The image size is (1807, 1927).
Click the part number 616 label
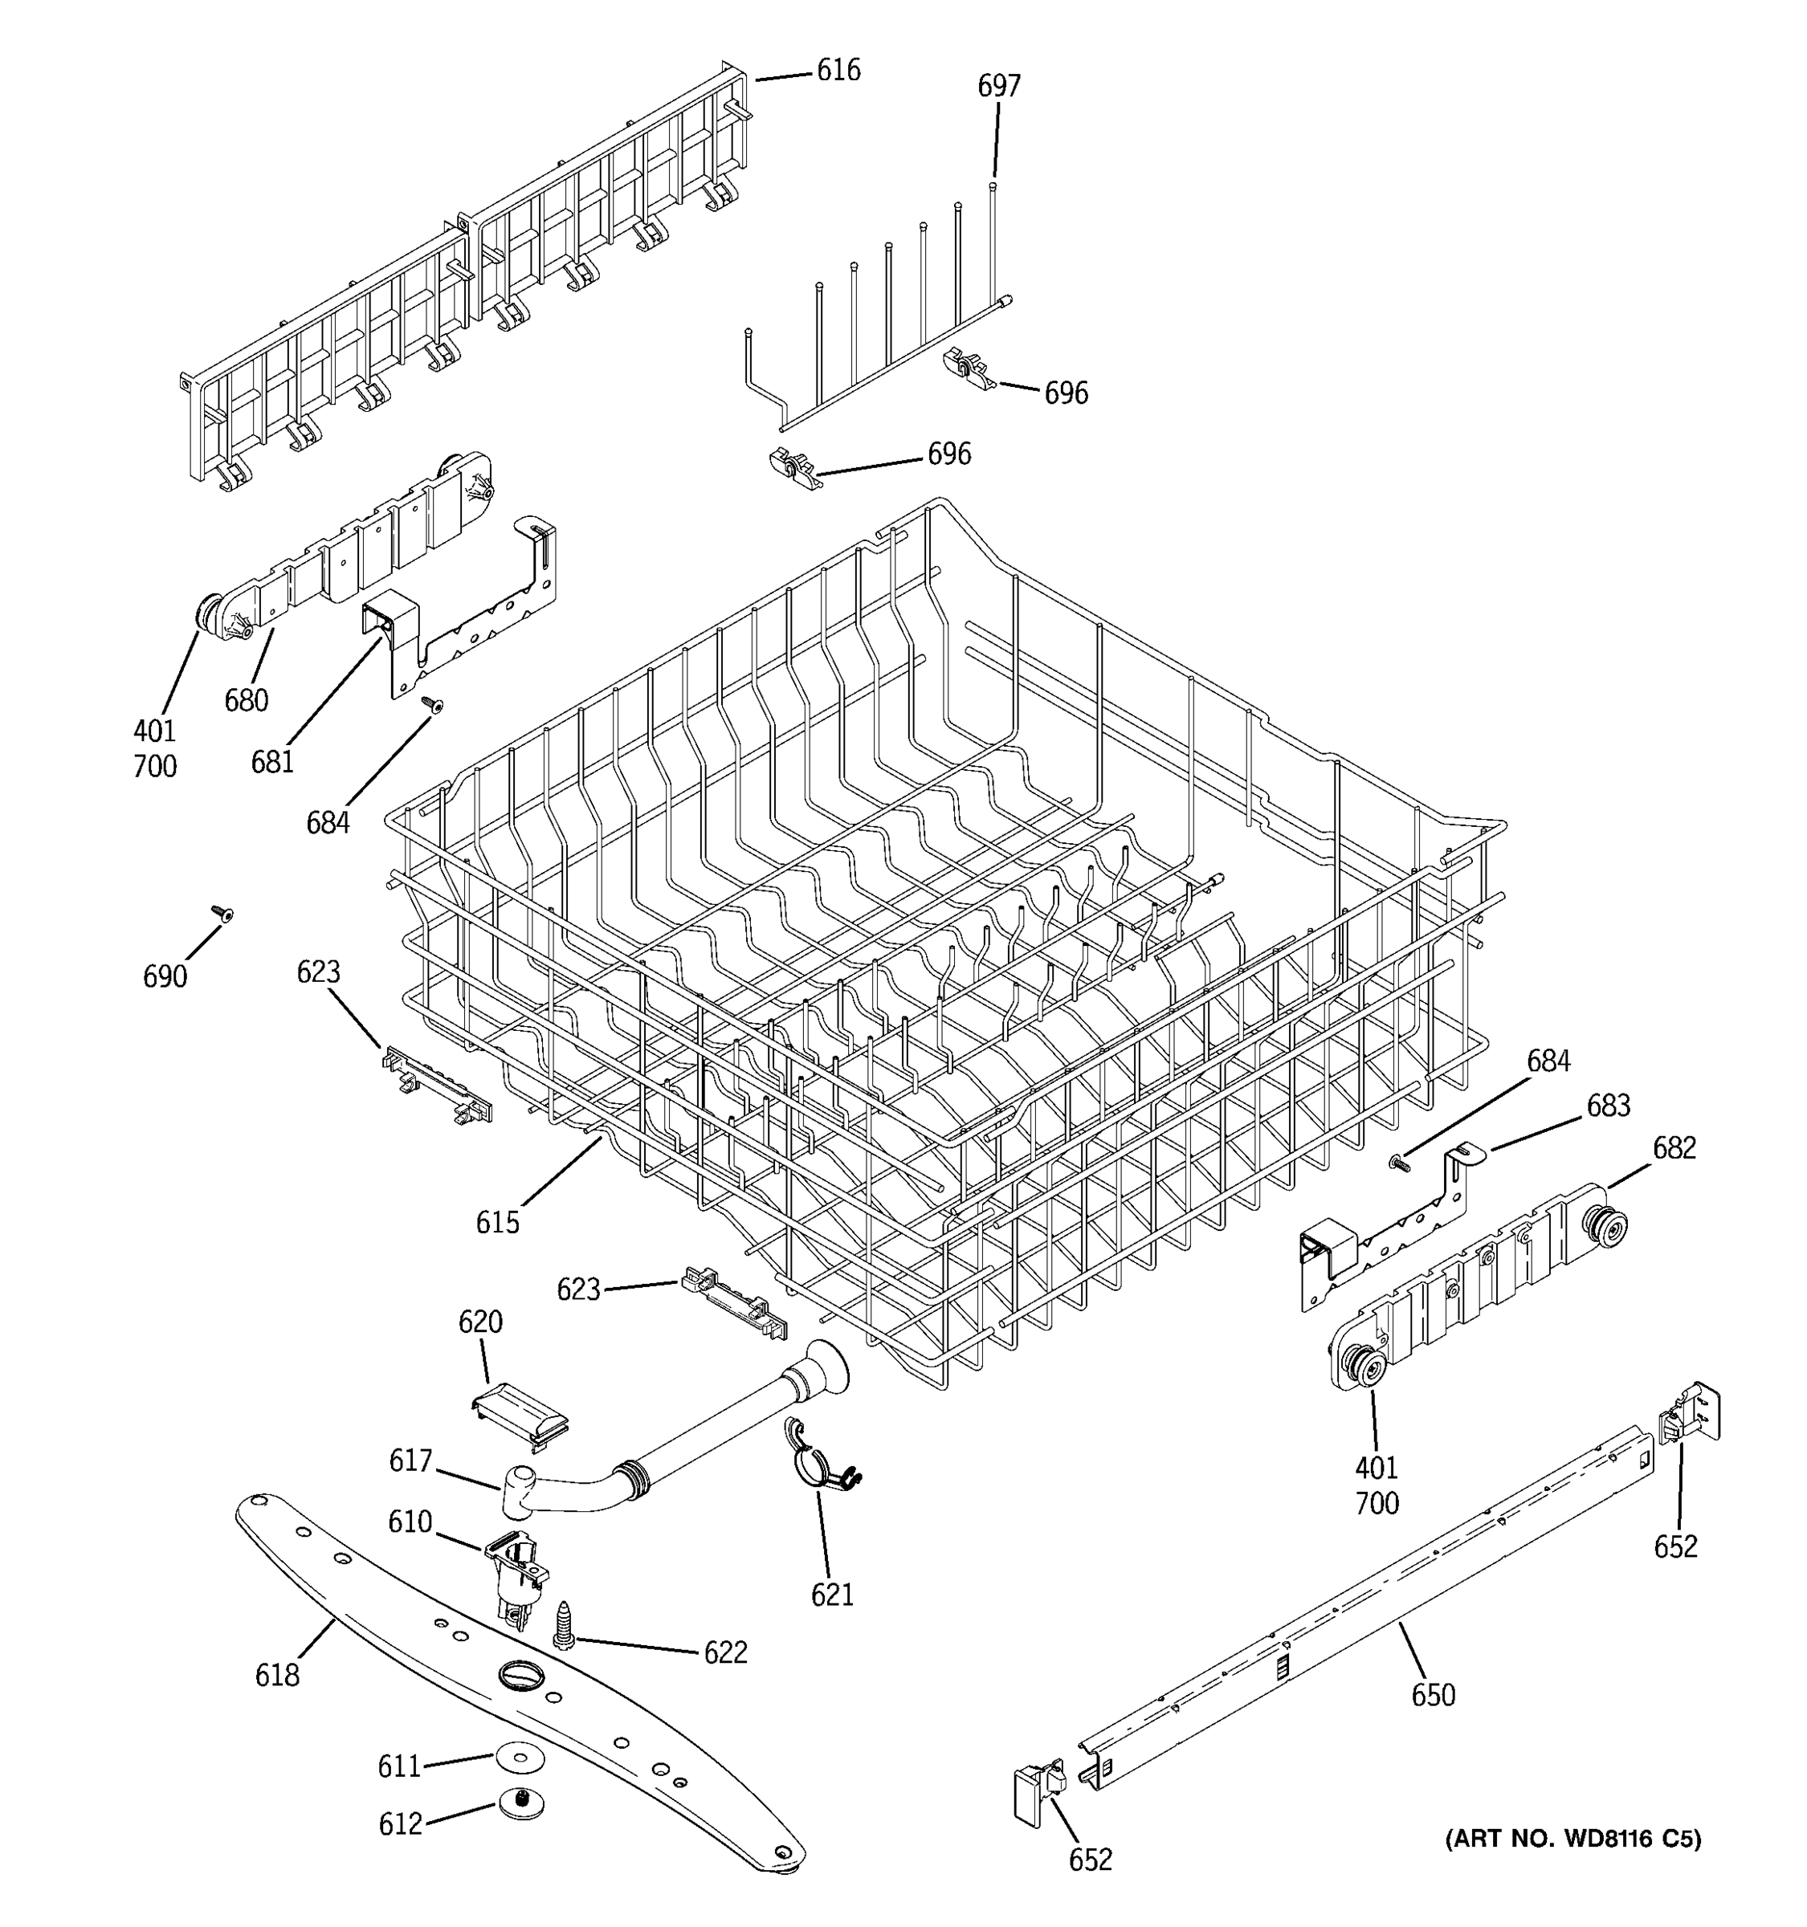tap(838, 70)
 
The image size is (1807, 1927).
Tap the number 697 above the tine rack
tap(998, 86)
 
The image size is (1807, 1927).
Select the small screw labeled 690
tap(223, 912)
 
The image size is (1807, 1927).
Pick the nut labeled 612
tap(520, 1805)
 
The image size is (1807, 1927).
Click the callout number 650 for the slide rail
tap(1433, 1694)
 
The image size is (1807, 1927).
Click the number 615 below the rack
tap(497, 1222)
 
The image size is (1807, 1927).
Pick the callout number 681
tap(272, 762)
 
